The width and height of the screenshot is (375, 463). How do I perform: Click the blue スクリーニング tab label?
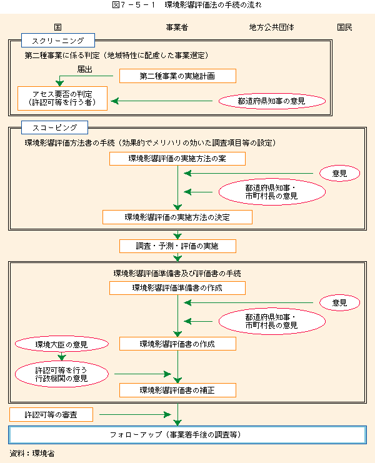coord(58,41)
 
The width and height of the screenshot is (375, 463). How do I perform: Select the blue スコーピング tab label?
coord(54,127)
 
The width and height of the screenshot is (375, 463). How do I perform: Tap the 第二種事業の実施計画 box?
coord(177,76)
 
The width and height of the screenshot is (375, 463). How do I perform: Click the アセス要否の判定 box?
coord(62,98)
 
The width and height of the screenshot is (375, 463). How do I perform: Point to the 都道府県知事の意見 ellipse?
coord(272,101)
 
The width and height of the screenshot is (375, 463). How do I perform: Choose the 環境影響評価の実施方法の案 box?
coord(177,159)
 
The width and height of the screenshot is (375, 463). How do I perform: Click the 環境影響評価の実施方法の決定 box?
coord(177,217)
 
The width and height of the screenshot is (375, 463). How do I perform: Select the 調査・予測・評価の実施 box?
coord(177,246)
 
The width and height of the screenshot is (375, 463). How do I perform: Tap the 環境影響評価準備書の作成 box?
coord(177,288)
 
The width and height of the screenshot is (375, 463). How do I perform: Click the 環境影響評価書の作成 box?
coord(177,344)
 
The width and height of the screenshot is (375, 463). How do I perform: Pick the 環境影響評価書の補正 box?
coord(177,390)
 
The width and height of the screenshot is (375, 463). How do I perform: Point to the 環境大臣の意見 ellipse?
coord(62,344)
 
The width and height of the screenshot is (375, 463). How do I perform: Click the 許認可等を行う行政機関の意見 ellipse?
coord(62,374)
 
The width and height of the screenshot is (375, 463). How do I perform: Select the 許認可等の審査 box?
coord(51,414)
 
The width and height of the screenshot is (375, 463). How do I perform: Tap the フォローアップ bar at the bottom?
coord(187,435)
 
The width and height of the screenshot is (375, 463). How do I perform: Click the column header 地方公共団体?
coord(271,27)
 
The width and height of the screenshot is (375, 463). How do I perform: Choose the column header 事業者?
coord(177,27)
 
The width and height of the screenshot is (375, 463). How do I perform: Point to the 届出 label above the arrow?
coord(85,69)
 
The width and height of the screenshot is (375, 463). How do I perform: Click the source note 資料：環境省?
coord(32,453)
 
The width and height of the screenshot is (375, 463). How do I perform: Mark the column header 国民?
coord(344,27)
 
